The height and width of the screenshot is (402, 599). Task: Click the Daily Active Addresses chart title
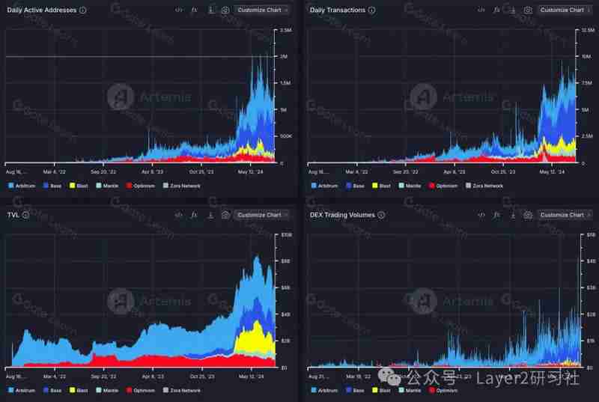(42, 10)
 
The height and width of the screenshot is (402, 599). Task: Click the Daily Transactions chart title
(338, 10)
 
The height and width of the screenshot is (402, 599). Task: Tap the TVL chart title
(13, 215)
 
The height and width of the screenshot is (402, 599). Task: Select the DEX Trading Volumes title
(342, 215)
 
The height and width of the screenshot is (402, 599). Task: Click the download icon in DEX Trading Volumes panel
(512, 215)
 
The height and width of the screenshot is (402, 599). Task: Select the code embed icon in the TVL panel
(178, 215)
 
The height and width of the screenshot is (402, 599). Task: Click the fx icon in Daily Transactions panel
(496, 10)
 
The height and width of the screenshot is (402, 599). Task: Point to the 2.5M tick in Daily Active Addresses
(285, 30)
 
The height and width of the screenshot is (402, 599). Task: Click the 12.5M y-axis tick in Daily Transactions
(588, 30)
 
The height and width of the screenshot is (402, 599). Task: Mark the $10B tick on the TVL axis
(285, 235)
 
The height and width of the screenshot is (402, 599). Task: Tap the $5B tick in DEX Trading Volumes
(591, 235)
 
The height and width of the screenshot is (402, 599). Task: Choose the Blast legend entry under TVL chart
(82, 391)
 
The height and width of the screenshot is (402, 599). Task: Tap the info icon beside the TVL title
(25, 215)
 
